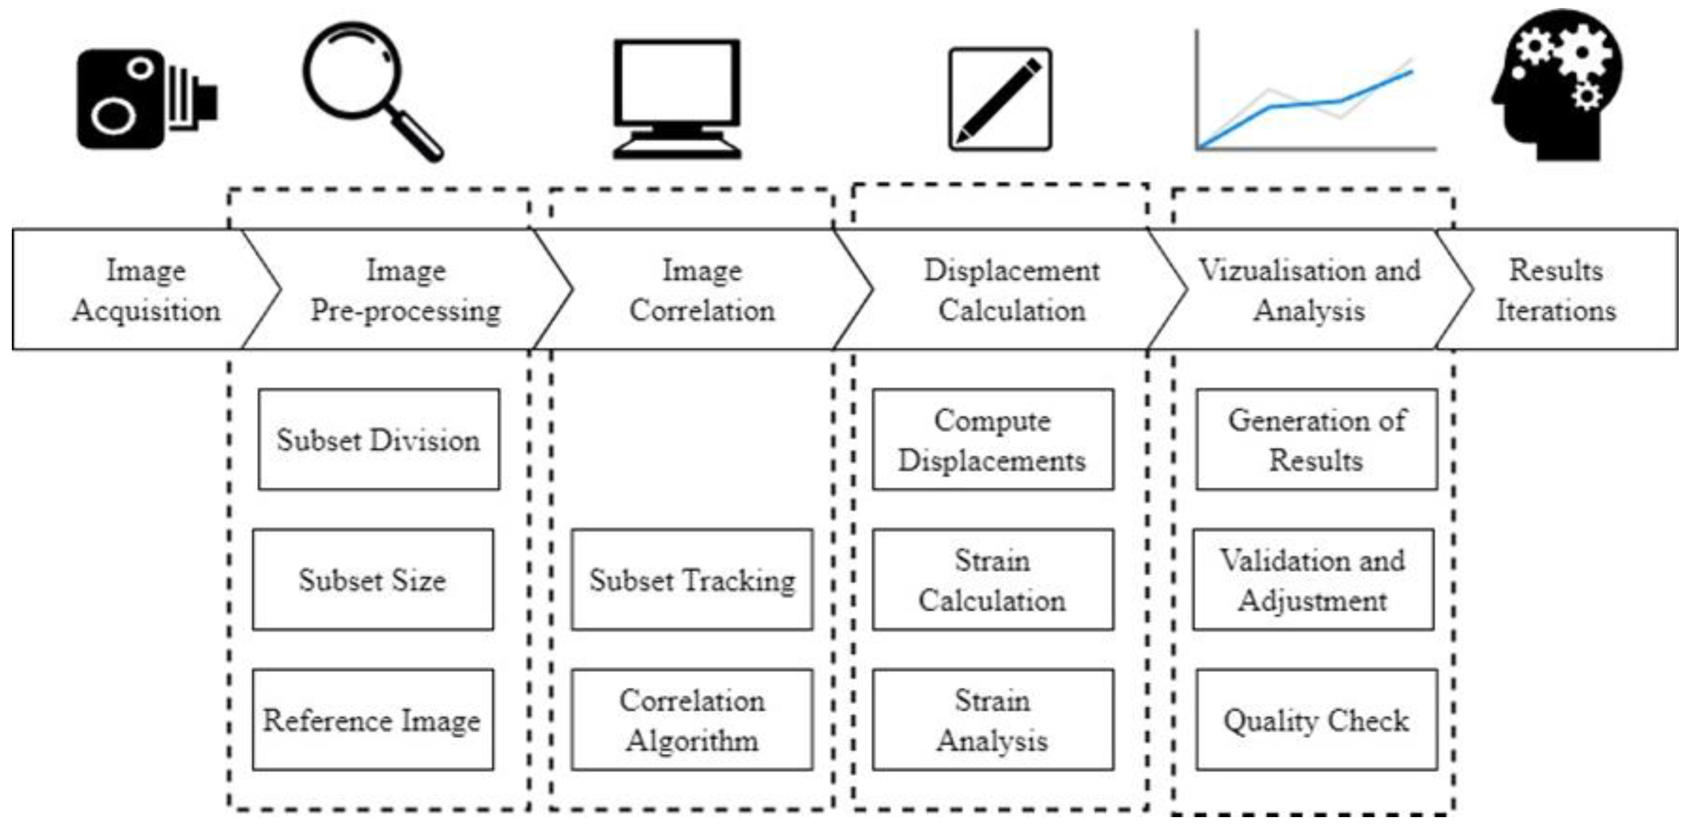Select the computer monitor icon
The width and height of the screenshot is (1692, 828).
(677, 98)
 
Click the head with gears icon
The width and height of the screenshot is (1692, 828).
(1557, 86)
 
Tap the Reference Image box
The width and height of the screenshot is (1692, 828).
(372, 720)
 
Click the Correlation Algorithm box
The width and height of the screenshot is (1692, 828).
(692, 720)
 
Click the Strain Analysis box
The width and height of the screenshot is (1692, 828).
(993, 720)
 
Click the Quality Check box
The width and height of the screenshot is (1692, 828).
(1316, 720)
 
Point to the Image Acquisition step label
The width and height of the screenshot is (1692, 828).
(146, 290)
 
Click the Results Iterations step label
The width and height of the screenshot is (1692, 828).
(1555, 290)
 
